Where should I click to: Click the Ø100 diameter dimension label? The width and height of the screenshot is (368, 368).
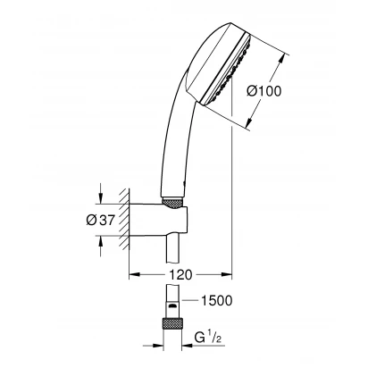tap(263, 91)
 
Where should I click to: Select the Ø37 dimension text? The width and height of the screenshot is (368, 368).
tap(100, 220)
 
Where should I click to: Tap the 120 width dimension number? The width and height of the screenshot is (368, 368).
tap(180, 275)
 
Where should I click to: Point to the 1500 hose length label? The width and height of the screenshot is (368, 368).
tap(217, 300)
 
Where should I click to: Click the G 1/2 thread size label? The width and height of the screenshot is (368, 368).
tap(208, 338)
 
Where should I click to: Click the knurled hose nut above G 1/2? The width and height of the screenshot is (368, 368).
tap(172, 323)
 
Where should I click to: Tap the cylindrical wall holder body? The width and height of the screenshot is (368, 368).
tap(158, 221)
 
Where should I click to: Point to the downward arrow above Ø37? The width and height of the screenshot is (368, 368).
tap(101, 194)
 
